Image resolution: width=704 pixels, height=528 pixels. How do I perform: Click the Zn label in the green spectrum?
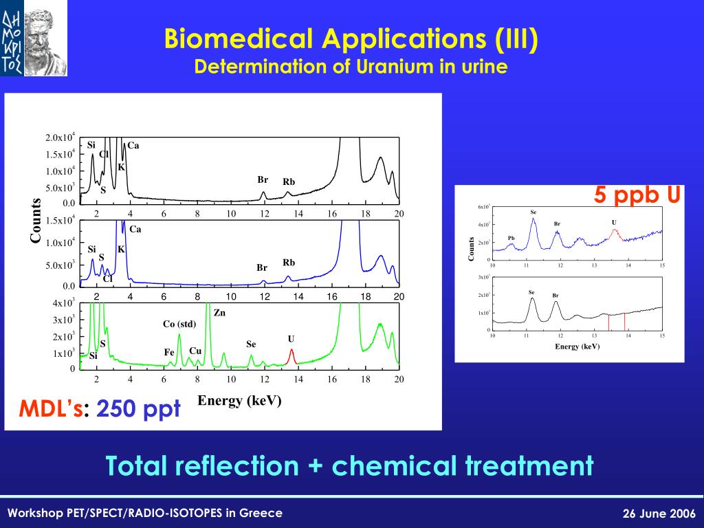[x=219, y=312]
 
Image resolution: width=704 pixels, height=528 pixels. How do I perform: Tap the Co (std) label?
[x=179, y=324]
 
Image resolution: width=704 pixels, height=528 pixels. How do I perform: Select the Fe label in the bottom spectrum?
[x=169, y=352]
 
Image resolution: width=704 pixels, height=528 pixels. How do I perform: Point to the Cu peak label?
[x=195, y=351]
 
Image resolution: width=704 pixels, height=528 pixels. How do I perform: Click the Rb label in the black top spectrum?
[x=289, y=182]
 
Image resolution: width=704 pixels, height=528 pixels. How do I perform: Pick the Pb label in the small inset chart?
[x=511, y=238]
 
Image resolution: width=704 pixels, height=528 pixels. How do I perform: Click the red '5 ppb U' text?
[x=637, y=196]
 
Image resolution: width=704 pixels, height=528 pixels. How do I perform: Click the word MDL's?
[x=51, y=410]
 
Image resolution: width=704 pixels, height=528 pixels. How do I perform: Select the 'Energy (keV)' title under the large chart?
[x=240, y=401]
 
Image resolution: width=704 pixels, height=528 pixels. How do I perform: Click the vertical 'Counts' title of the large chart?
[x=35, y=220]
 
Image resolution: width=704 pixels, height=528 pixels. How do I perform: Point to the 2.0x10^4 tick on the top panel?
[x=60, y=137]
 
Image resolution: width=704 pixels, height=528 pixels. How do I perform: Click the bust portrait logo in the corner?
[x=34, y=38]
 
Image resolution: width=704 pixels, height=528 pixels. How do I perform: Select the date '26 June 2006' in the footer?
[x=659, y=514]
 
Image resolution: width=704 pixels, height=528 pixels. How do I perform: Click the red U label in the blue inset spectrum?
[x=614, y=222]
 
